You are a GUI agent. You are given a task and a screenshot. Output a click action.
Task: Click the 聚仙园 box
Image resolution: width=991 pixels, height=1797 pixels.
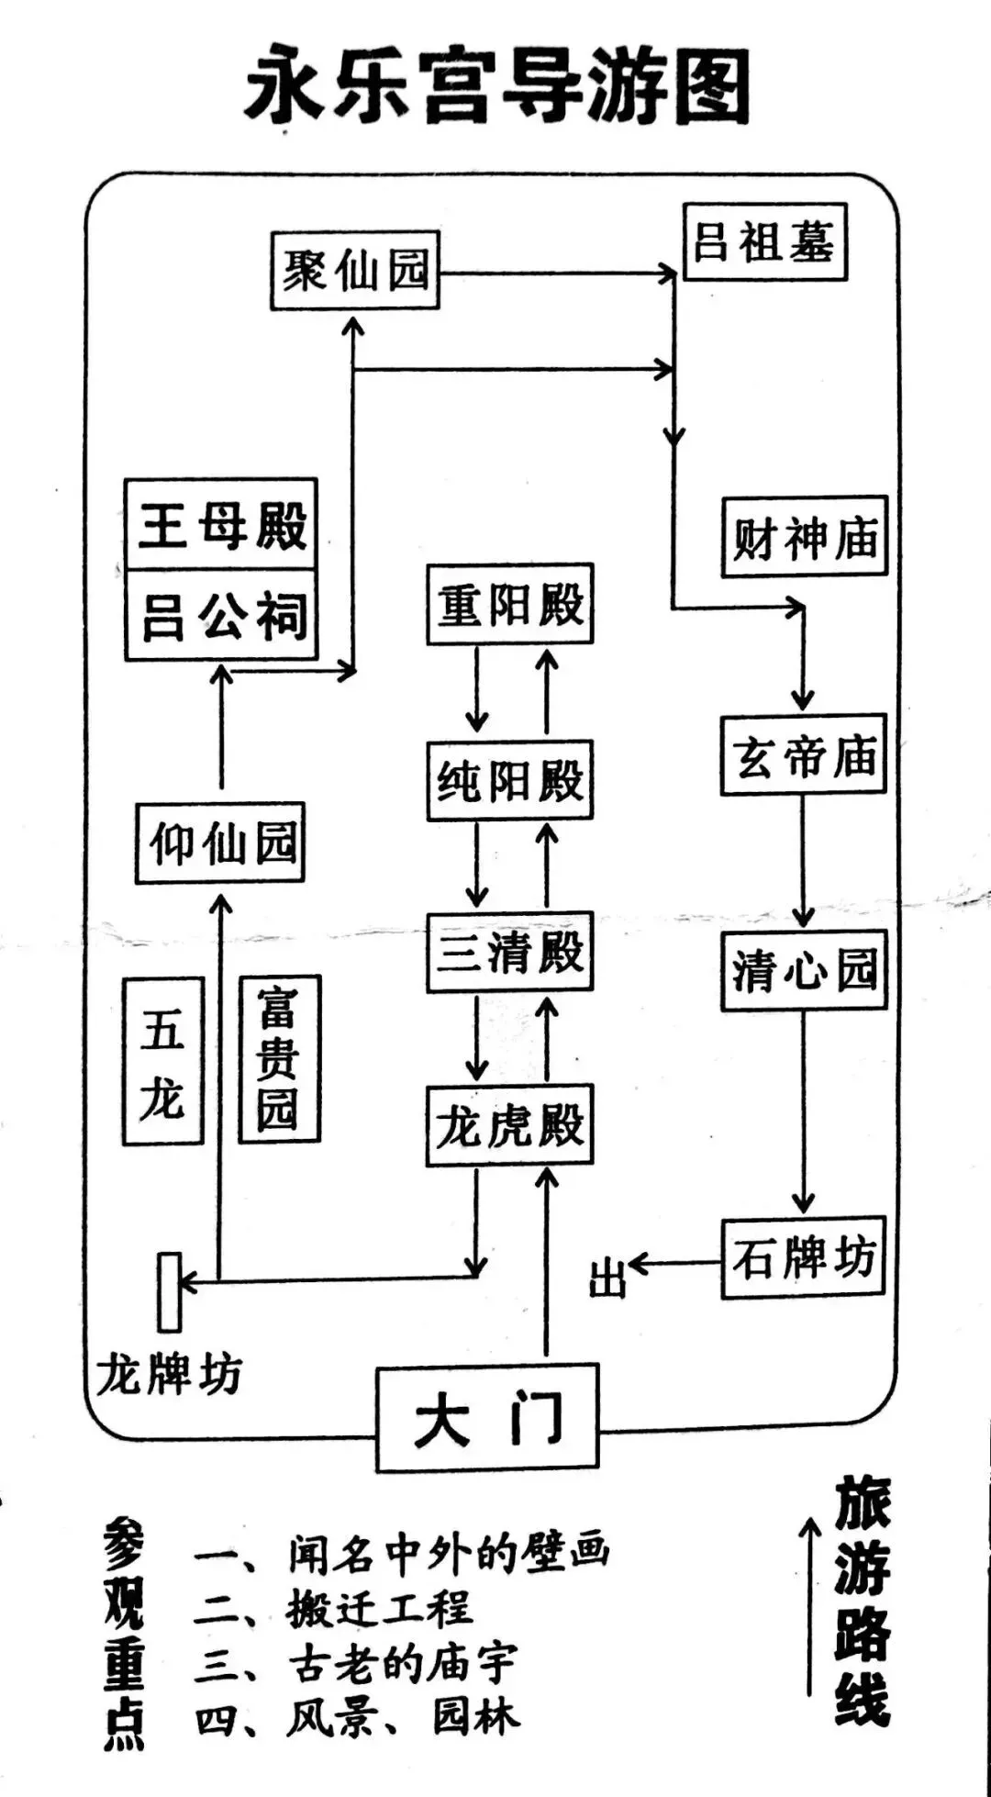point(355,271)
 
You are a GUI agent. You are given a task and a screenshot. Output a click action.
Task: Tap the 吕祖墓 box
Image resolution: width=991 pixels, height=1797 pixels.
point(764,241)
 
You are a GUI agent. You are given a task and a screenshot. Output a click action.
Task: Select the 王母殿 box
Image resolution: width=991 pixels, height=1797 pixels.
point(221,524)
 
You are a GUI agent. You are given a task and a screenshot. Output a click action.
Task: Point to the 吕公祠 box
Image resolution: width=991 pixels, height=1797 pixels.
point(221,615)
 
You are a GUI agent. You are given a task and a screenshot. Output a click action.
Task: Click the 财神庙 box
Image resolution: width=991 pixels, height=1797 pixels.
point(805,537)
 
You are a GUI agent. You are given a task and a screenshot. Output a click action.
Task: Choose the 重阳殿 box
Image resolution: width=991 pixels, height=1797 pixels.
point(510,604)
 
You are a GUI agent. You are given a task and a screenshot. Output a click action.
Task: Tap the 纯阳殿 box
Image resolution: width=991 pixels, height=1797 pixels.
point(510,780)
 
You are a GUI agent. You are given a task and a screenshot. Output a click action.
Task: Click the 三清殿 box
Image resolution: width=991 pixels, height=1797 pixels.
point(510,952)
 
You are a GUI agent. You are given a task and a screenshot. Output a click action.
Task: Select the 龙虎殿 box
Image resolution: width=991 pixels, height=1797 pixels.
point(510,1125)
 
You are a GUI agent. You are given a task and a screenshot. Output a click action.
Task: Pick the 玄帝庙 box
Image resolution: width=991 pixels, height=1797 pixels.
point(804,754)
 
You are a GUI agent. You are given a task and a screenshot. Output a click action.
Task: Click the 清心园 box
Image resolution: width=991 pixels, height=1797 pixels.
point(804,970)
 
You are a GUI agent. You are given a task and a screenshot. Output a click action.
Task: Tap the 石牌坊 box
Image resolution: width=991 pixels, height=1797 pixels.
point(804,1257)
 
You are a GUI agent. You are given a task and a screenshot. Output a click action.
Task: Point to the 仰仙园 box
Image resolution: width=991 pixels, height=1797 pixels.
point(220,843)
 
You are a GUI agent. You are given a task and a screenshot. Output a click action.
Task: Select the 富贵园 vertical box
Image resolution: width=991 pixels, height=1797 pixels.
point(279,1058)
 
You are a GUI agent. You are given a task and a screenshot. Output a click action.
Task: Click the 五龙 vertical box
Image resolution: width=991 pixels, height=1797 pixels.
point(163,1060)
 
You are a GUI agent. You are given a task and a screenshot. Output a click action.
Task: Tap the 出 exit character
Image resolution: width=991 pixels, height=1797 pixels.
point(607,1277)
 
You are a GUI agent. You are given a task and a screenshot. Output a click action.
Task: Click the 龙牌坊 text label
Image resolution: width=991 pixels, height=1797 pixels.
point(169,1375)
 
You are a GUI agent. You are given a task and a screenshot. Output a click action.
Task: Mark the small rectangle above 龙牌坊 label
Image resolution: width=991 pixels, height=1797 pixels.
point(170,1291)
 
